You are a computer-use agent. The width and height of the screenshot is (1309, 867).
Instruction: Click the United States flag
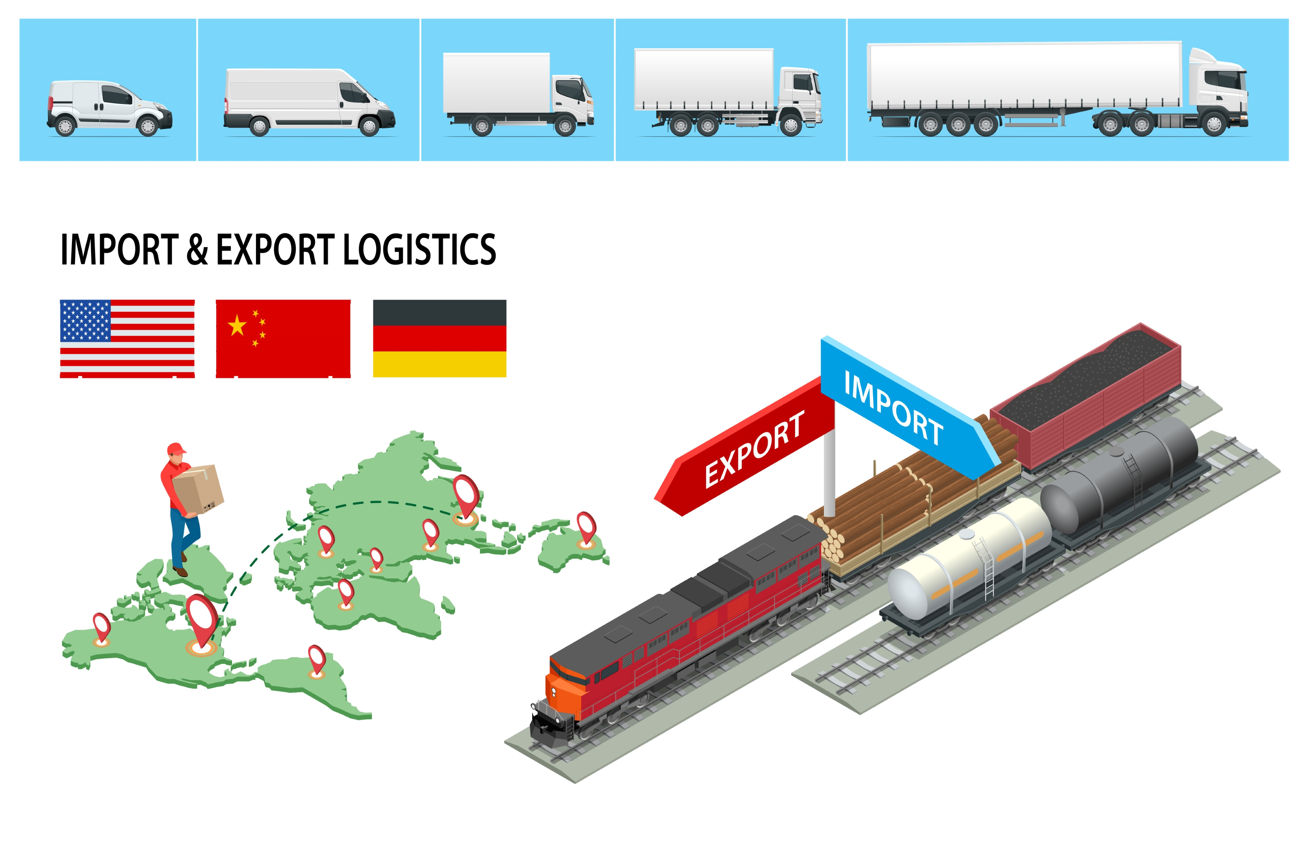127,339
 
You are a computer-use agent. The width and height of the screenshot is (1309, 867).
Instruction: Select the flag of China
283,339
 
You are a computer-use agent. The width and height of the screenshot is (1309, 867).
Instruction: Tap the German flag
439,339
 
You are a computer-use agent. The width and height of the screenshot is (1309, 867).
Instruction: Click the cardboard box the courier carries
198,489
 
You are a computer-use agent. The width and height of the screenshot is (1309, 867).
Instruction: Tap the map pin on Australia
586,528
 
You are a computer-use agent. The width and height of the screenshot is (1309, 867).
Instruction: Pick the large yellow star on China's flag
237,325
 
